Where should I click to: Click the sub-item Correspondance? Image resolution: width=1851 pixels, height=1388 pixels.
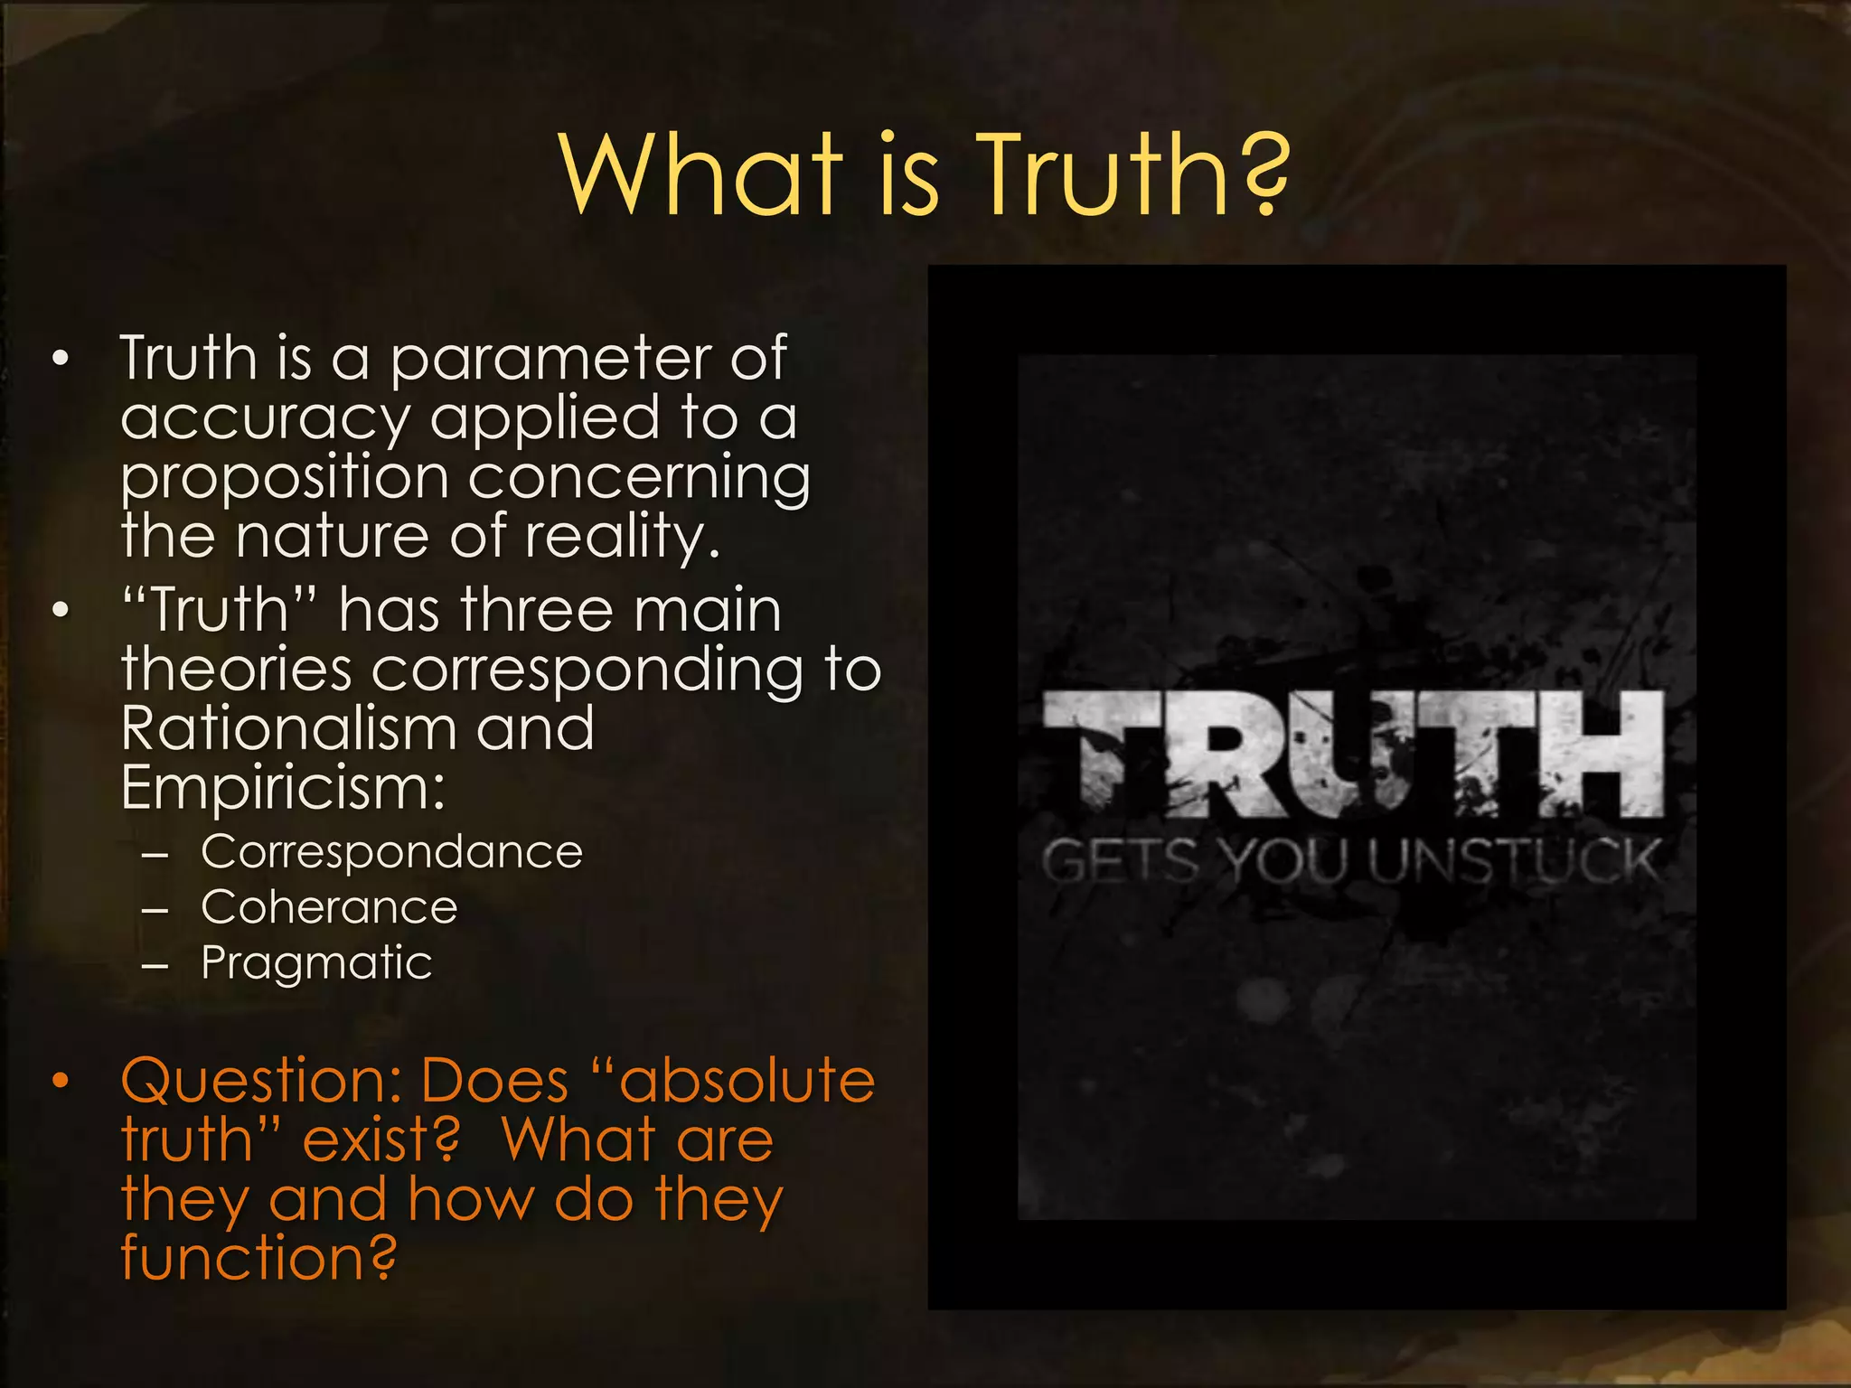[391, 853]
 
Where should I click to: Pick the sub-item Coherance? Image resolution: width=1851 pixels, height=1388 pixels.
[329, 908]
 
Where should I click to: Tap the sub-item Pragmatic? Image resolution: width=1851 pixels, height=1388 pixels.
[316, 963]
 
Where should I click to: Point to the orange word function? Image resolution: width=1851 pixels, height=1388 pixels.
[258, 1258]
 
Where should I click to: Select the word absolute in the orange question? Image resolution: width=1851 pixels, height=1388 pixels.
[747, 1082]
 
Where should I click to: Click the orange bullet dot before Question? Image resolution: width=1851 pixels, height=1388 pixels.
[61, 1082]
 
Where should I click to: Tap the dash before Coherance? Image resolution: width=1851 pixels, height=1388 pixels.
[155, 910]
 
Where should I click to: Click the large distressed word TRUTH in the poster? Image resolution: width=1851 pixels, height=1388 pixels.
[1353, 755]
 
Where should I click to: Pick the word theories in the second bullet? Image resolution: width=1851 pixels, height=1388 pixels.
[236, 671]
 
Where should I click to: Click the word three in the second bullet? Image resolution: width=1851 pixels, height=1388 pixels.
[539, 611]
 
